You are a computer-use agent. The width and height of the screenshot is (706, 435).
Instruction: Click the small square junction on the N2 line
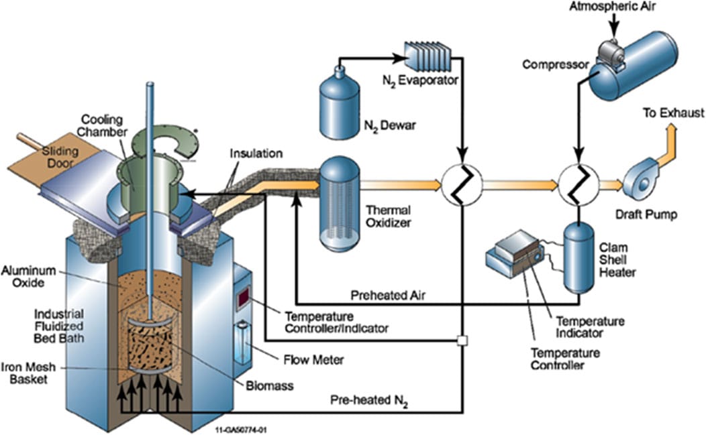point(462,340)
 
